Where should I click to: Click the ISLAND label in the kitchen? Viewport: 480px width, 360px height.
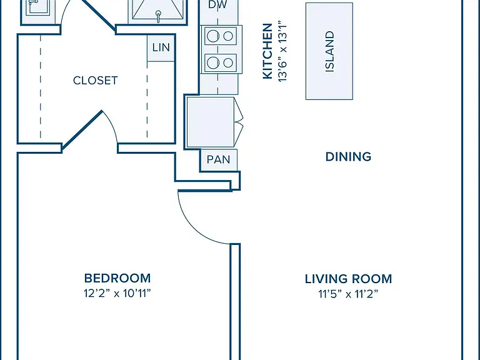[x=329, y=51]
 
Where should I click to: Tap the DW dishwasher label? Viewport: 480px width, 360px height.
[x=217, y=4]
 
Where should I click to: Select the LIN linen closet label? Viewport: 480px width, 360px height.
[x=161, y=47]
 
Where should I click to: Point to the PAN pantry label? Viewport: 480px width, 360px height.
[x=218, y=159]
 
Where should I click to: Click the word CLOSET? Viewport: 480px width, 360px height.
[x=95, y=81]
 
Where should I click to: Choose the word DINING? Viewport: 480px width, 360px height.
[x=348, y=157]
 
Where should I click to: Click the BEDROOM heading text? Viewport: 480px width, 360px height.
[x=117, y=278]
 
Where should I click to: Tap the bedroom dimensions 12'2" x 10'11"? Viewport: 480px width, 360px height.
[x=117, y=293]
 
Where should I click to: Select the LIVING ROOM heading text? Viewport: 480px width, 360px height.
[x=348, y=279]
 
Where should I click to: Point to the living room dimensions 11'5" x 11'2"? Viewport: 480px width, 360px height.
[x=348, y=294]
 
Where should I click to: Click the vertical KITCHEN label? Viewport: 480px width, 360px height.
[x=267, y=51]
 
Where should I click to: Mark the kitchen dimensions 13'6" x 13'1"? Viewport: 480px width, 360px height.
[x=282, y=51]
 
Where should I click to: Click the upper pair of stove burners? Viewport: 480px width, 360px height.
[x=221, y=36]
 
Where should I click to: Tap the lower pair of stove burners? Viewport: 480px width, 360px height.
[x=221, y=62]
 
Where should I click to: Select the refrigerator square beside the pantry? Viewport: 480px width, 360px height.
[x=210, y=122]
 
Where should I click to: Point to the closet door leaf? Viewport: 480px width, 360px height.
[x=82, y=131]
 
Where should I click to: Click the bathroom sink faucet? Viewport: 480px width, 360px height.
[x=158, y=16]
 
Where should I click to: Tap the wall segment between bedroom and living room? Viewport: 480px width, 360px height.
[x=235, y=302]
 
